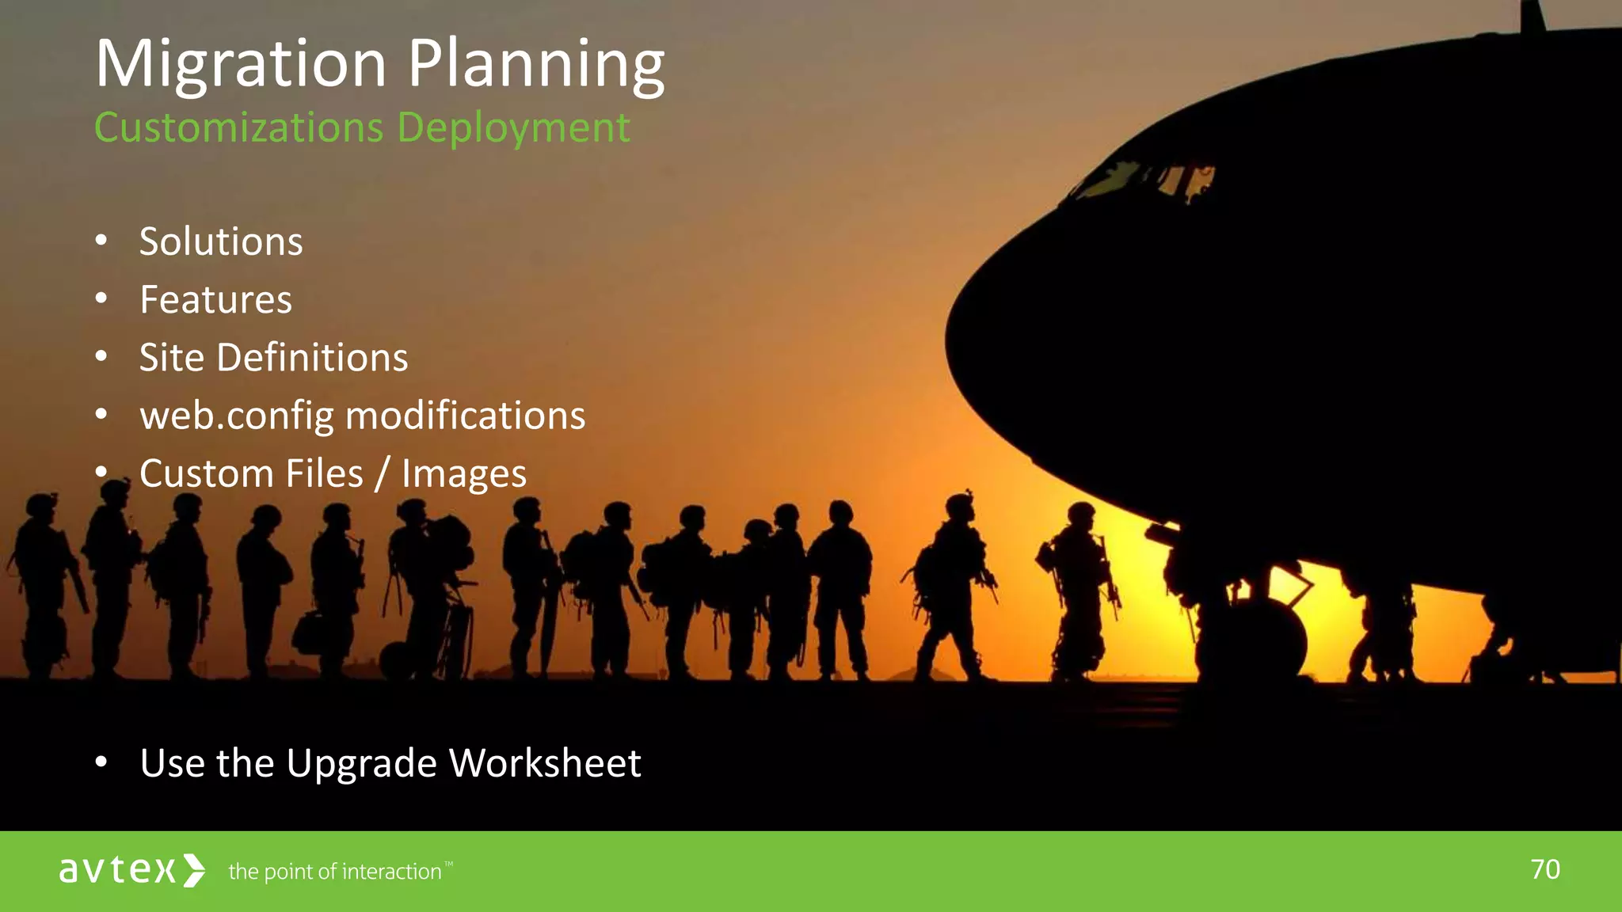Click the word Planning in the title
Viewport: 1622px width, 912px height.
(536, 65)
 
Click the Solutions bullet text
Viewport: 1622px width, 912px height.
(221, 241)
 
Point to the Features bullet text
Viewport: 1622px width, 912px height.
(215, 300)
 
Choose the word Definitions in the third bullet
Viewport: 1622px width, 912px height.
(312, 358)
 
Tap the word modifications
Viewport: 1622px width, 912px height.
(466, 416)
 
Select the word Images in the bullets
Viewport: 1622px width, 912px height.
(463, 474)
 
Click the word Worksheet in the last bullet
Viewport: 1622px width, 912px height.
(545, 763)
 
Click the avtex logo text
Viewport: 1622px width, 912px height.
(117, 870)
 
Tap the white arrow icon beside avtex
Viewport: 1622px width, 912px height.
(194, 870)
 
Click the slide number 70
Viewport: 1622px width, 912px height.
(1545, 869)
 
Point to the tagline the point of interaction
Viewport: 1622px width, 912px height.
(335, 872)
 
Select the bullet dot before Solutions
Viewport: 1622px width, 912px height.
(101, 241)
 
